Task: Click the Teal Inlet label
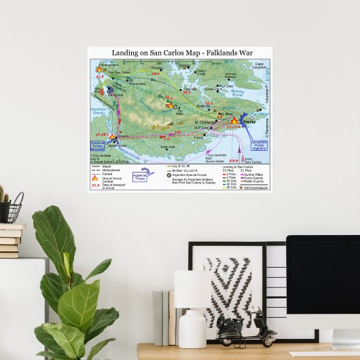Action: click(190, 88)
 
